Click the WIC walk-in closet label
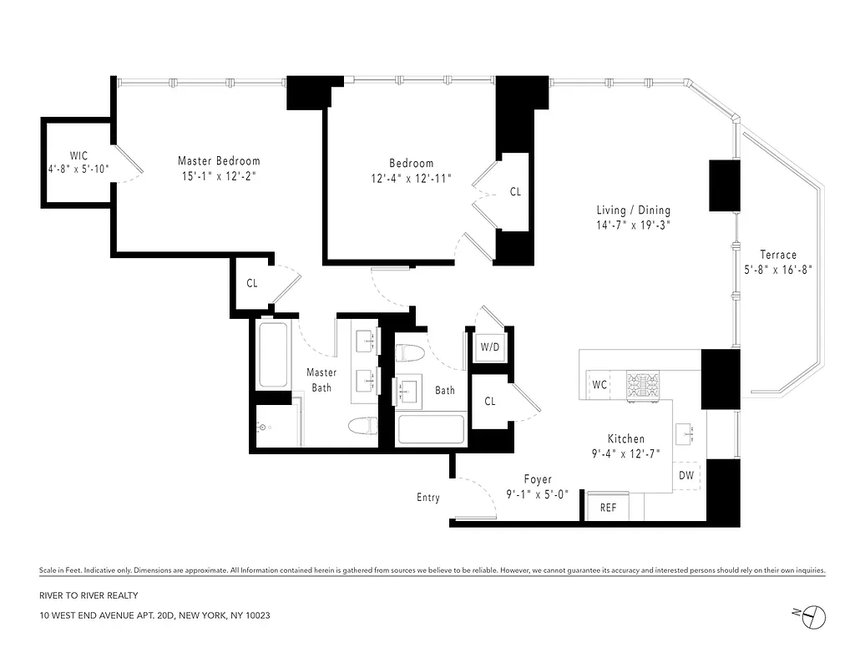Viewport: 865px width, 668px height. click(78, 155)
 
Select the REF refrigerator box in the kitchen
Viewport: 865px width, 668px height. click(608, 507)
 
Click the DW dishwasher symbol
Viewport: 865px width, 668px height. click(686, 475)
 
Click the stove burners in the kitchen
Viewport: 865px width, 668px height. click(643, 386)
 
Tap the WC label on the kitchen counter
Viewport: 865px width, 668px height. click(599, 385)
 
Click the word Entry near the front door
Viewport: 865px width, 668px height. click(427, 498)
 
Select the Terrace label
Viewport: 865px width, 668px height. click(777, 255)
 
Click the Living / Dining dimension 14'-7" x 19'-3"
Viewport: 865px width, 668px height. click(633, 225)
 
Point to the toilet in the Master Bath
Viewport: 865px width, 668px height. click(361, 426)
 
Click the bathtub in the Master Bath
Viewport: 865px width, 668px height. click(272, 355)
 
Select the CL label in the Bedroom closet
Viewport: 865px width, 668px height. click(515, 192)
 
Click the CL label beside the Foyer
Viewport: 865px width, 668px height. click(490, 402)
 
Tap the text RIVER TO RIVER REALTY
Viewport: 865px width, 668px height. click(88, 595)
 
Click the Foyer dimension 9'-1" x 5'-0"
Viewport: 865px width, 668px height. click(538, 493)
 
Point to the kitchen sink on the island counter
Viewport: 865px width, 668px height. click(690, 432)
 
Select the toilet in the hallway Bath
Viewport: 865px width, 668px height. click(410, 353)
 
